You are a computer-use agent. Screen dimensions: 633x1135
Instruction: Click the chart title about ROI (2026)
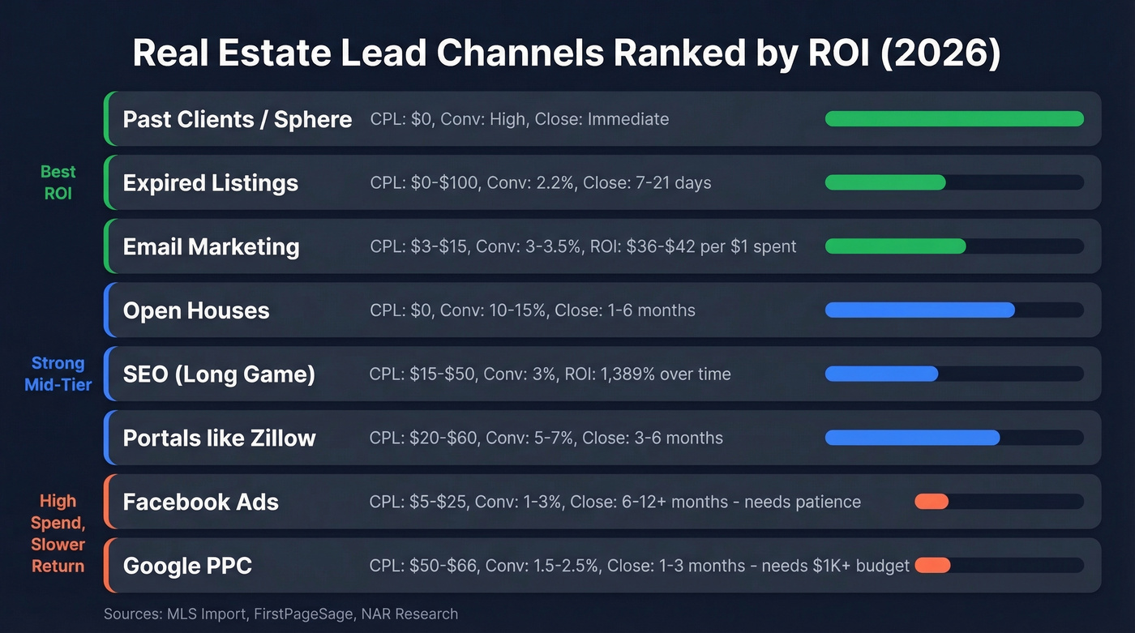click(x=567, y=53)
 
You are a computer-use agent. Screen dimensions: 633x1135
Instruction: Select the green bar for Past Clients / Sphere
click(x=953, y=119)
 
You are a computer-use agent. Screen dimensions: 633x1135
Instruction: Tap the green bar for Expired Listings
click(x=885, y=182)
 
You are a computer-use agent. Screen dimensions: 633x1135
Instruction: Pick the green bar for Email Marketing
click(x=895, y=246)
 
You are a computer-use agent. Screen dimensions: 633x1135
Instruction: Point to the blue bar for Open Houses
click(x=919, y=310)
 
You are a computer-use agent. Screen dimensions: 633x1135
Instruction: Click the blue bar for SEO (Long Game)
click(x=881, y=374)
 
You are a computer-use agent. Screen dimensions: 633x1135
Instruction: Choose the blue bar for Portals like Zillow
click(x=912, y=438)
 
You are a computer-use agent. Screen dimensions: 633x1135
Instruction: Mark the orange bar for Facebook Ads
click(x=932, y=502)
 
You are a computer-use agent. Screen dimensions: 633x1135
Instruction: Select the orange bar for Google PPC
click(x=932, y=565)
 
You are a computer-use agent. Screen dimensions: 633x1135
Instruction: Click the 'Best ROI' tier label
click(x=58, y=182)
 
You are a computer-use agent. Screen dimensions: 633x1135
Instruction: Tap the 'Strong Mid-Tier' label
click(x=58, y=374)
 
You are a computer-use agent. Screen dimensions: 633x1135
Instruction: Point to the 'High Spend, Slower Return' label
click(x=58, y=533)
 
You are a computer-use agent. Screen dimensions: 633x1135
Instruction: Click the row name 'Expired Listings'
click(x=210, y=183)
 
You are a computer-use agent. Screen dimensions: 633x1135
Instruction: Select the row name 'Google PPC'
click(x=187, y=566)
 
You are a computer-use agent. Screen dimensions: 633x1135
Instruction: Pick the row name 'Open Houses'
click(x=196, y=310)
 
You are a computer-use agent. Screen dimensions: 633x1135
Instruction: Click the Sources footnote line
click(x=281, y=614)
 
